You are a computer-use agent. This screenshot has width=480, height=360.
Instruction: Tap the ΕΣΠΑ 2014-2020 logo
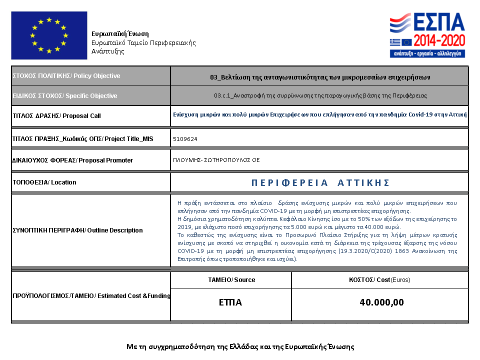pos(428,35)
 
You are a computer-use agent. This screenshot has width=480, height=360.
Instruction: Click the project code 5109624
pos(185,138)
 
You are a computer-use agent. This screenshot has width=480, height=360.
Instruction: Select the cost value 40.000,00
pos(381,302)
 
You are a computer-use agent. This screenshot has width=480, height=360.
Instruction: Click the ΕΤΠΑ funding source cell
pos(230,302)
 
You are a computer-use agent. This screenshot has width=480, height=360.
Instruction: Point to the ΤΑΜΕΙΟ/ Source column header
pos(231,280)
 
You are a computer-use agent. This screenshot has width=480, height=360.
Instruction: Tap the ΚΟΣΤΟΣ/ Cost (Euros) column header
pos(380,280)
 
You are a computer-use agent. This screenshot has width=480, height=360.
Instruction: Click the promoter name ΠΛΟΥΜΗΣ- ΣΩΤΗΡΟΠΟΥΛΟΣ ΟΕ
pos(216,160)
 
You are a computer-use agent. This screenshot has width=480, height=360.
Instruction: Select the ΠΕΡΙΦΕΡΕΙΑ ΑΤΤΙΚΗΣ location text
pos(320,182)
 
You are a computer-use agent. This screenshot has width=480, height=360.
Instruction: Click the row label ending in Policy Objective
pos(66,76)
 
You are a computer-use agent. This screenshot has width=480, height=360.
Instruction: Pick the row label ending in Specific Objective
pos(65,96)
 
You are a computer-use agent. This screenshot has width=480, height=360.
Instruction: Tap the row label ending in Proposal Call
pos(56,116)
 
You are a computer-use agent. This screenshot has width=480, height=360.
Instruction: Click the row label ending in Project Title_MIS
pos(82,138)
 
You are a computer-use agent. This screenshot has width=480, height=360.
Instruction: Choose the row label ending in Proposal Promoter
pos(72,160)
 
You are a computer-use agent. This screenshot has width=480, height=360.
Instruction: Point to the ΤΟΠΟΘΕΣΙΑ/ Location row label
pos(44,182)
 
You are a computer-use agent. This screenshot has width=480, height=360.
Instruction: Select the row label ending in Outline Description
pos(77,230)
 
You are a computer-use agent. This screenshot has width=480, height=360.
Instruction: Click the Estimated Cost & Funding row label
pos(91,296)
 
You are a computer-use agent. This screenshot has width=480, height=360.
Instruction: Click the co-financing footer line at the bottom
pos(240,346)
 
